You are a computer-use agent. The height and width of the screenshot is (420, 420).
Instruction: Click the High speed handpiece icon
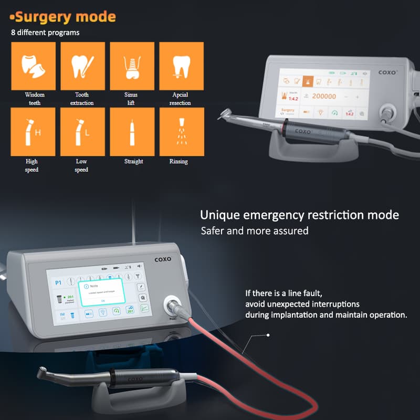(33, 132)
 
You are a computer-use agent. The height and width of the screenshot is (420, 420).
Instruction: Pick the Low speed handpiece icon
(82, 132)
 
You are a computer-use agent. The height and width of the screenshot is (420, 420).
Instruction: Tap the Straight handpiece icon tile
(132, 132)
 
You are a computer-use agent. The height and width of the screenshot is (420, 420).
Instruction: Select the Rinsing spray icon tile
(181, 132)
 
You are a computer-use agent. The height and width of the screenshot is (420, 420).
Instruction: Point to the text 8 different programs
(46, 33)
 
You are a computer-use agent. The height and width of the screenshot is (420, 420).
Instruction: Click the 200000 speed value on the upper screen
(324, 97)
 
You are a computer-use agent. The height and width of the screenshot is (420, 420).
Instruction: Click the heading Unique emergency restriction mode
(299, 215)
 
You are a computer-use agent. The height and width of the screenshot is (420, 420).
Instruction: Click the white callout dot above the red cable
(268, 334)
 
